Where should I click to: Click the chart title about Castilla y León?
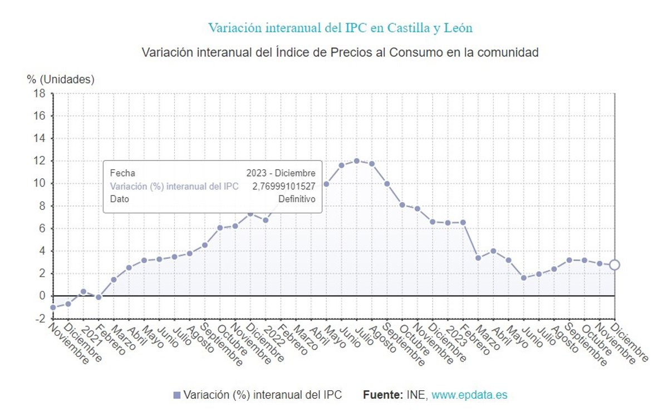(x=340, y=27)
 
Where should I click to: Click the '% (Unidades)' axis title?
(x=61, y=79)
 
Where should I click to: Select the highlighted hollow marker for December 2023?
(x=614, y=265)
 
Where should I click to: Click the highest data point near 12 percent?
(x=356, y=161)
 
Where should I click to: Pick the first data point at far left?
(x=53, y=307)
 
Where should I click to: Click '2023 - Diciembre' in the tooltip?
(x=281, y=174)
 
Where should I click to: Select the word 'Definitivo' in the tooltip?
(x=297, y=199)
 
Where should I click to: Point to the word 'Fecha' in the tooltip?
(x=122, y=174)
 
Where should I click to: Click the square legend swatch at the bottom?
(x=177, y=395)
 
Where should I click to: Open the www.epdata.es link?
(x=469, y=395)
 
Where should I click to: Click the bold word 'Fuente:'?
(x=382, y=395)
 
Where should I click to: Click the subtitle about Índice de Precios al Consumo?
(x=340, y=53)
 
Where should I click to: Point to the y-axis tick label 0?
(x=41, y=296)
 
